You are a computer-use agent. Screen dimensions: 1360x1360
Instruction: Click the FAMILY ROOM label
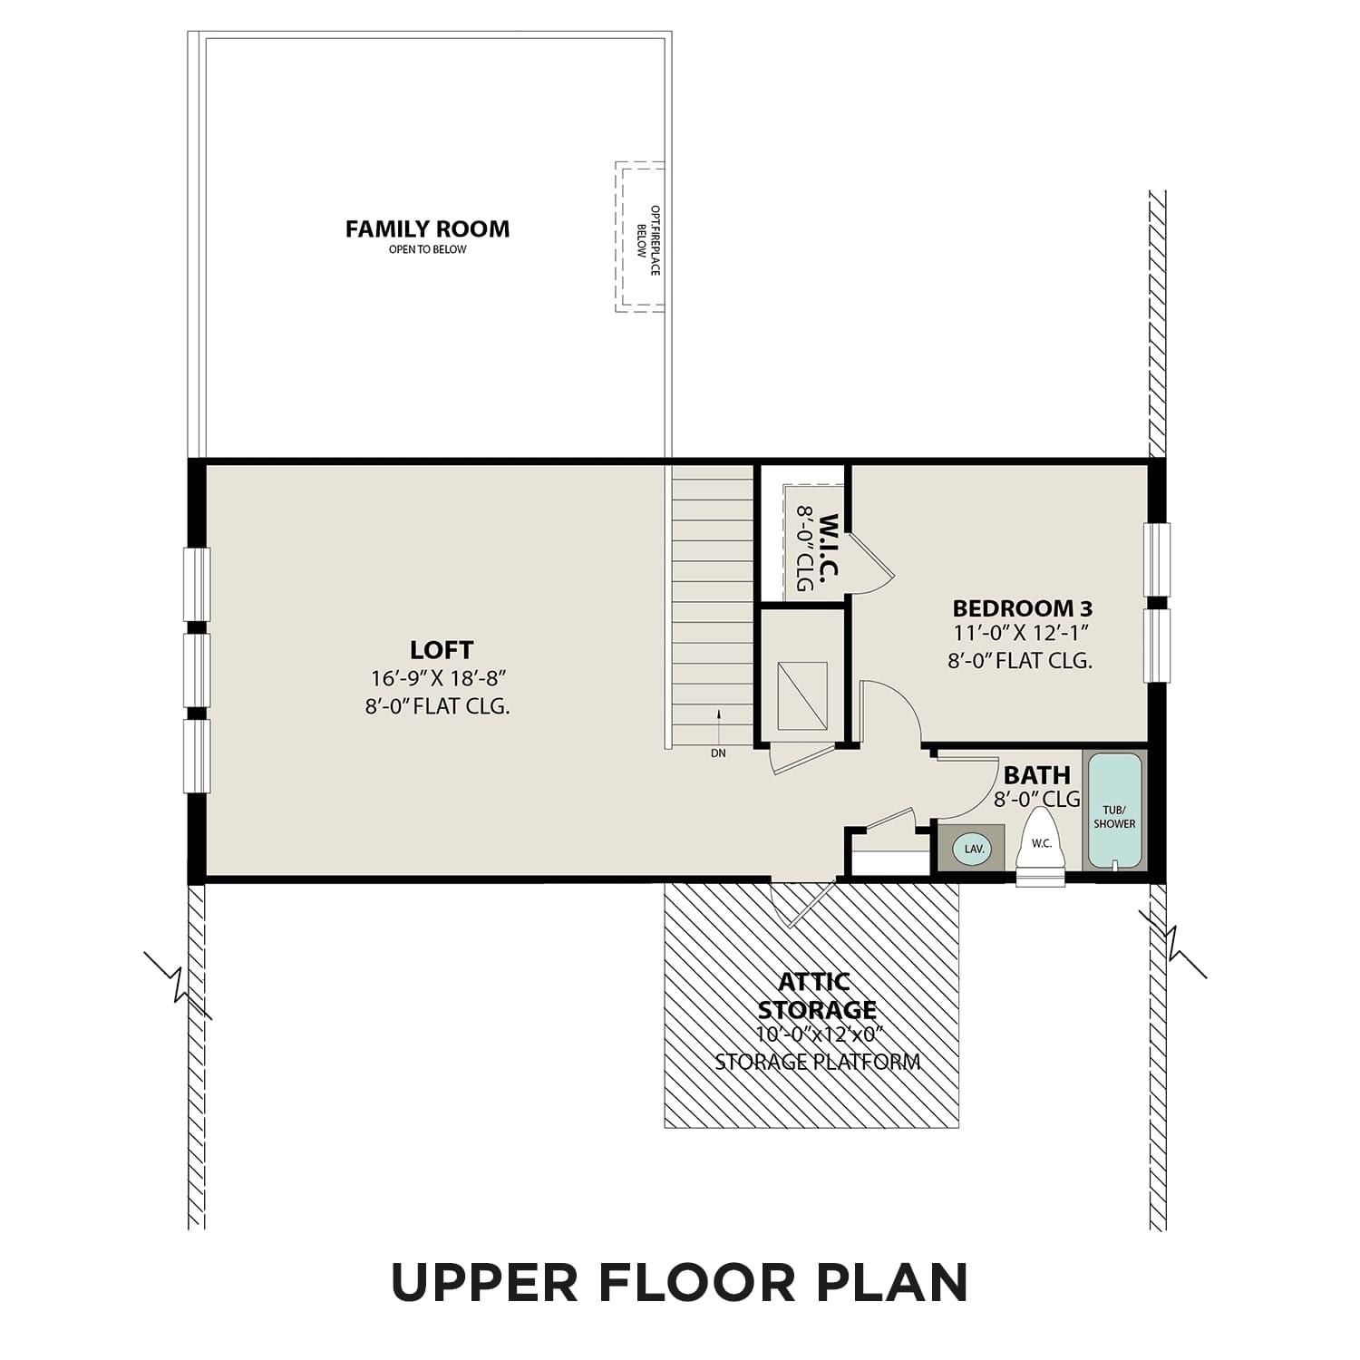[427, 228]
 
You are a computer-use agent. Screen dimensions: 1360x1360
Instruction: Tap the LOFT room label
[442, 650]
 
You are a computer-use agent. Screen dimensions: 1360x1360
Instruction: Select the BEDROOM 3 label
[1022, 607]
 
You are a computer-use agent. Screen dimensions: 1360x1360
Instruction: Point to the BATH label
[1036, 775]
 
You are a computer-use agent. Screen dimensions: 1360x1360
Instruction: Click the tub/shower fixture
[1114, 810]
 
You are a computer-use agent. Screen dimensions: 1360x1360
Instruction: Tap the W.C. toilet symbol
[1041, 849]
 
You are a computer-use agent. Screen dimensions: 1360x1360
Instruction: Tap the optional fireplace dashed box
[639, 238]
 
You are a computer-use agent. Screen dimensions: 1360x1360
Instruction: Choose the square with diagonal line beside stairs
[801, 696]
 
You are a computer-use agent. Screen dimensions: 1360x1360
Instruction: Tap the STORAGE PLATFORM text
[817, 1062]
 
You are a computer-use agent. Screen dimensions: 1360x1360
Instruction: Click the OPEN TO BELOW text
[427, 249]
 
